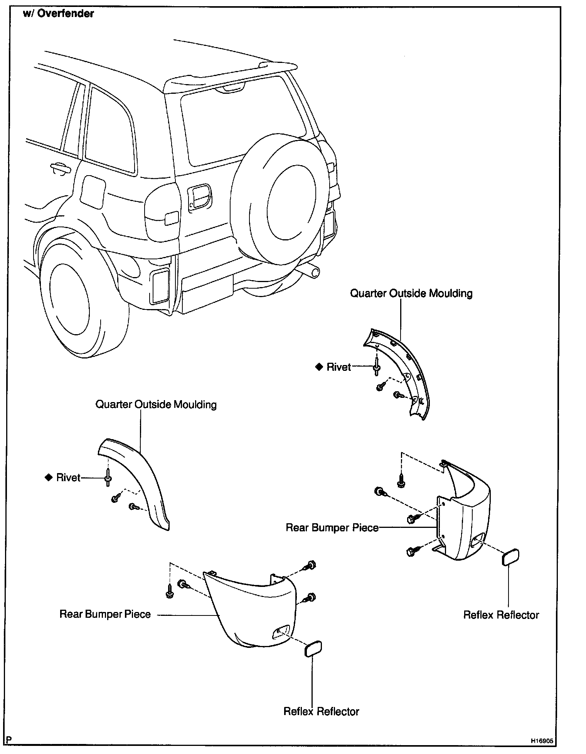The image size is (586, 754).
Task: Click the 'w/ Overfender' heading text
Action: [x=58, y=14]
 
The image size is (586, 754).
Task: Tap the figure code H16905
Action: [x=542, y=741]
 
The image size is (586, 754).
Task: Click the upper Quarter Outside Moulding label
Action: [x=411, y=293]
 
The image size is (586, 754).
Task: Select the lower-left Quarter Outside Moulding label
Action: [x=156, y=404]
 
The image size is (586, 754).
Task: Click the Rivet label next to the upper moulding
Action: [x=338, y=367]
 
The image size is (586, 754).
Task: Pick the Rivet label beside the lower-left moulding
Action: [x=68, y=478]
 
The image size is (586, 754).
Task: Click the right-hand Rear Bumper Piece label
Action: [x=332, y=527]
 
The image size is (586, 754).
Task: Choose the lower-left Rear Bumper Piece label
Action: [x=105, y=614]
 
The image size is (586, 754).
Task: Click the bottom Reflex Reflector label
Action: [x=321, y=711]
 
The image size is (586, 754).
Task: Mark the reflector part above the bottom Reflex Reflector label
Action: [x=313, y=649]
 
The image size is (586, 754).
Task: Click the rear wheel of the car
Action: [x=77, y=301]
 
